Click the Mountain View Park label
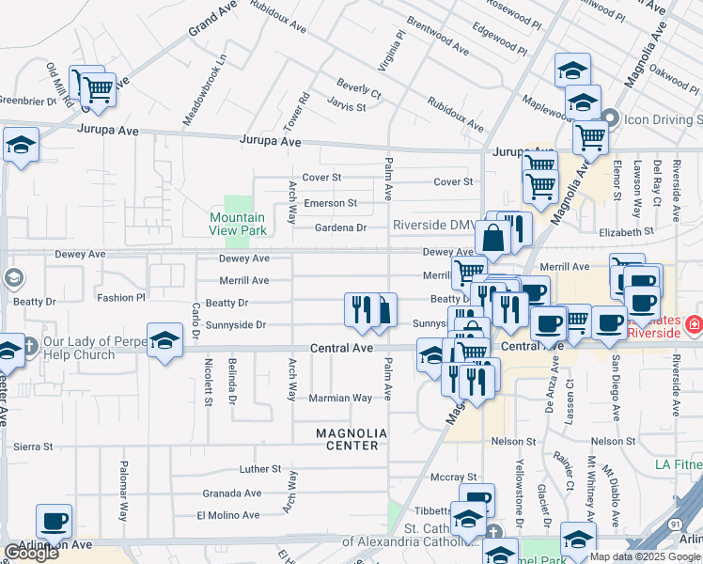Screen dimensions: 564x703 (239, 224)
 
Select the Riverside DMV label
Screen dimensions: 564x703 (435, 226)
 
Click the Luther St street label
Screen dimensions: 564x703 (260, 468)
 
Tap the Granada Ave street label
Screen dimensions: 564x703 (232, 493)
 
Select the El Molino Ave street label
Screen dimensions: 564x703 (227, 515)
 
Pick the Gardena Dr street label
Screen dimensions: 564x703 (339, 227)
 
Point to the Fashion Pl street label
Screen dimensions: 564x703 (122, 298)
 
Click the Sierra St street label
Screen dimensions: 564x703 (33, 447)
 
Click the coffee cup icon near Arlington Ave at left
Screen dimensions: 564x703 (54, 520)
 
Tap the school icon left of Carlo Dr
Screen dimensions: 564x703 (164, 340)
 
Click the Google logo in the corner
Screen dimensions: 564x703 (31, 553)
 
